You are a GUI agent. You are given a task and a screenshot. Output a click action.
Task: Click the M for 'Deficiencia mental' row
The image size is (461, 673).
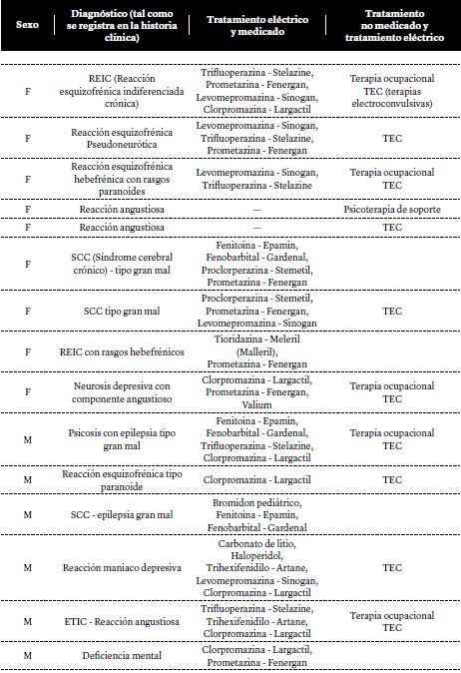[27, 655]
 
